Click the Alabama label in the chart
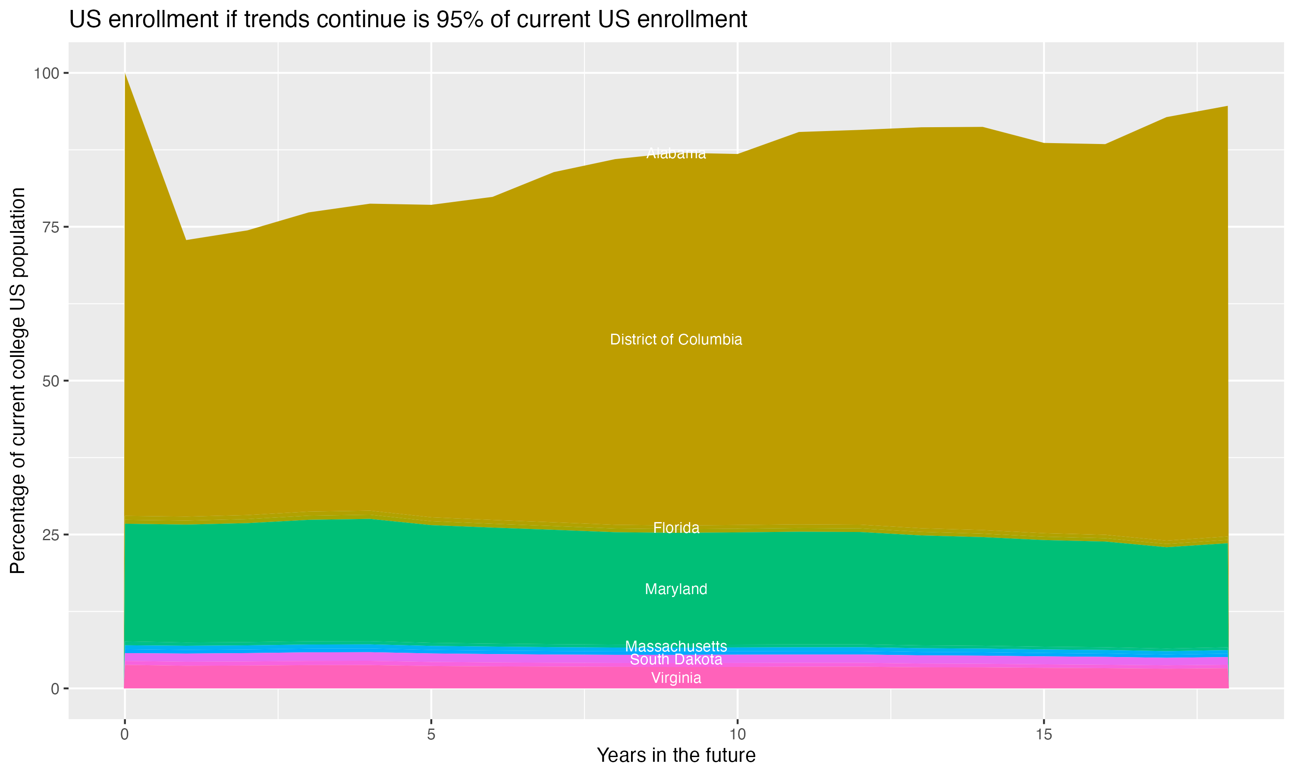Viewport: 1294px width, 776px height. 676,153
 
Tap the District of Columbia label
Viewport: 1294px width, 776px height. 676,339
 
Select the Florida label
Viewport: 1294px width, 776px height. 676,528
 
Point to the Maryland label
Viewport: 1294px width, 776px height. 676,589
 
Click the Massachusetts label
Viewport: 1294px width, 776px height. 676,646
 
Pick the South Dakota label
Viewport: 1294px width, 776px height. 676,660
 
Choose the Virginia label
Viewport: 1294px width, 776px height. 676,678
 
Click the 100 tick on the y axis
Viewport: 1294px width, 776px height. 47,73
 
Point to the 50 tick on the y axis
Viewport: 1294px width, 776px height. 51,381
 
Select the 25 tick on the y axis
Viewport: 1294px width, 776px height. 51,535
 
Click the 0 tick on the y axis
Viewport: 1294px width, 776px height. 55,688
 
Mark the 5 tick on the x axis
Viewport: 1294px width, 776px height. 431,735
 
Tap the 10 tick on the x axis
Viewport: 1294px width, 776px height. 737,735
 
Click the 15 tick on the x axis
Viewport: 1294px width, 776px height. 1043,735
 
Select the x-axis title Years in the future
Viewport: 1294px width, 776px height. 676,755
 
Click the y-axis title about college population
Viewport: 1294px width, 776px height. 18,381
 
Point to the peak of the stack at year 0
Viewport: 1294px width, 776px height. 125,74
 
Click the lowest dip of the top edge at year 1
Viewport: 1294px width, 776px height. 186,240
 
